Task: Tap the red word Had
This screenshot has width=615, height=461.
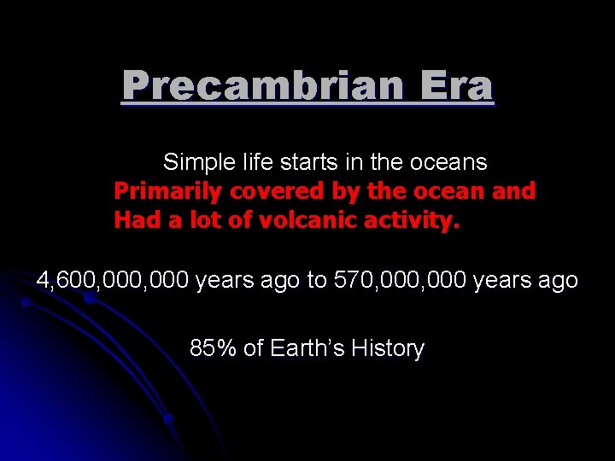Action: tap(134, 221)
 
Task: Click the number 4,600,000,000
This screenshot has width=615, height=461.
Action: tap(113, 281)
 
